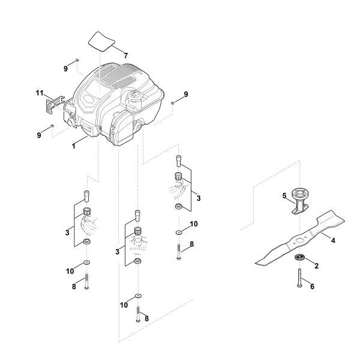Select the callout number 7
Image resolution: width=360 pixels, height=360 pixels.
125,55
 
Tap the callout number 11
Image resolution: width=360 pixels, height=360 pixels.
40,94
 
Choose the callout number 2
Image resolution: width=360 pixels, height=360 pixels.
316,265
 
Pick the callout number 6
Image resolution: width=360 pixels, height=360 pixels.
312,287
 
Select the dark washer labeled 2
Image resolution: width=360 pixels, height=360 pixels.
298,258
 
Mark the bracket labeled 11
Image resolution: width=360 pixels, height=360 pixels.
53,104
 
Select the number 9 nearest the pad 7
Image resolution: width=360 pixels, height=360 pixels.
66,69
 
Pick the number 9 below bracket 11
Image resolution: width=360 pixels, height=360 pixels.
39,136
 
